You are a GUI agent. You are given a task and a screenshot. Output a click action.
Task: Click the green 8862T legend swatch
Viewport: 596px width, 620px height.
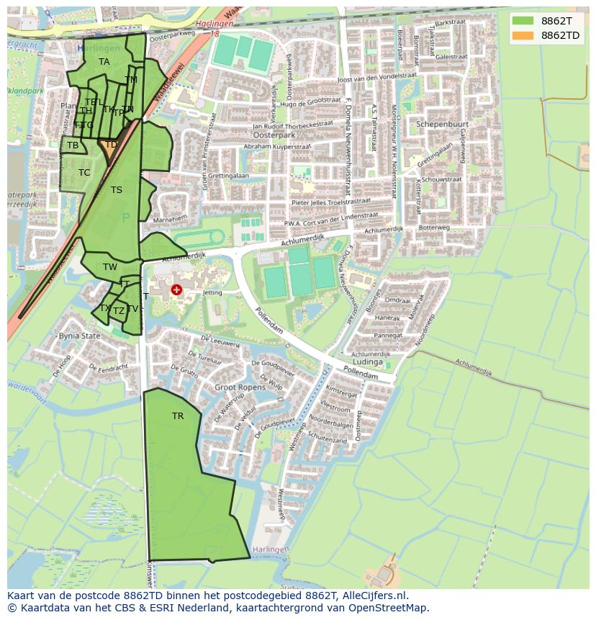[523, 21]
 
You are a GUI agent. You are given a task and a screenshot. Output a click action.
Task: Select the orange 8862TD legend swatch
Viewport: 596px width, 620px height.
[523, 35]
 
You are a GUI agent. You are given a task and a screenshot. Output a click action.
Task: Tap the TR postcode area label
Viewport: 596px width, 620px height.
[178, 416]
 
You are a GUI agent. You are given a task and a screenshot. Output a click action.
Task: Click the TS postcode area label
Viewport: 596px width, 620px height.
[117, 190]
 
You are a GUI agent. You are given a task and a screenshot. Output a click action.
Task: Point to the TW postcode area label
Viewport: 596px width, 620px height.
[109, 267]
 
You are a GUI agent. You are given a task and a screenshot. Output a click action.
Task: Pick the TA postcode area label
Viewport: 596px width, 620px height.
[104, 62]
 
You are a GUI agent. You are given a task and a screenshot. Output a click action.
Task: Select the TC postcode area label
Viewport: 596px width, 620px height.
[84, 173]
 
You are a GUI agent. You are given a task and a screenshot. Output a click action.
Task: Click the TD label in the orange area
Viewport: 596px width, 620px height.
[111, 145]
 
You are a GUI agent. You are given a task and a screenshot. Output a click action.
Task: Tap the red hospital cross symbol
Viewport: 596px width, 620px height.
[176, 289]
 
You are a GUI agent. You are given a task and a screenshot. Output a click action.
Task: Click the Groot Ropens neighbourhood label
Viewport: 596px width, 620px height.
[240, 387]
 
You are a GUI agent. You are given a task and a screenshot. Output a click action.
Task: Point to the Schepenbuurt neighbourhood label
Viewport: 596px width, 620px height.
[442, 124]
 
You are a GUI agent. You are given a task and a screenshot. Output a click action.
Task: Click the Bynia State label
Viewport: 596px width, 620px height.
[79, 336]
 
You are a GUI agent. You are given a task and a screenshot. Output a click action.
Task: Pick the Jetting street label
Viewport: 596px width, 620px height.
[212, 293]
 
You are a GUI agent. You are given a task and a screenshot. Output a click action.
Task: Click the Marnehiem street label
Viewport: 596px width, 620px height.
[170, 218]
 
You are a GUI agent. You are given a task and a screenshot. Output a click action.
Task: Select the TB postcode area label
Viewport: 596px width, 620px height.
[73, 145]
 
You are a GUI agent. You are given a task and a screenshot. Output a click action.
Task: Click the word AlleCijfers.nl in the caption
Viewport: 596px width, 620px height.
[374, 596]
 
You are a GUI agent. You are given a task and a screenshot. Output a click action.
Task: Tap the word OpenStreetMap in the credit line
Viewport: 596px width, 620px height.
[389, 608]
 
